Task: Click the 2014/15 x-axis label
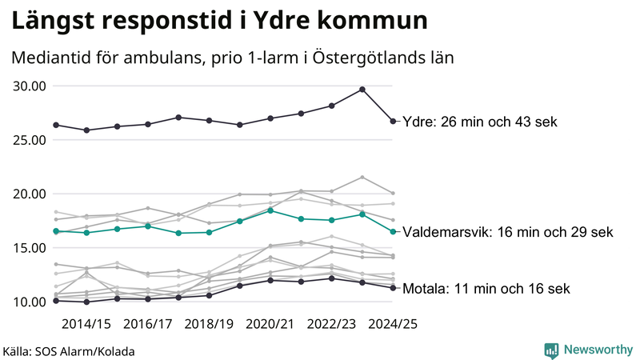pos(86,324)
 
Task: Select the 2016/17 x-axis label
pos(148,324)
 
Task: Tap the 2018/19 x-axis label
pos(209,324)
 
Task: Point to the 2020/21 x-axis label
pos(270,324)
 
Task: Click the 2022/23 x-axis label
pos(332,324)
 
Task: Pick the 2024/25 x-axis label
pos(393,324)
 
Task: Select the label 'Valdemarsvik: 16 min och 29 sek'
pos(508,232)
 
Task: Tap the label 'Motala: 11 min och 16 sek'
pos(486,289)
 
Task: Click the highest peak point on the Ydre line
pos(362,90)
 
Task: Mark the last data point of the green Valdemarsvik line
pos(393,232)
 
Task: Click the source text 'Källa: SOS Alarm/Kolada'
pos(69,351)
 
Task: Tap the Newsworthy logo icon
pos(551,350)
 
